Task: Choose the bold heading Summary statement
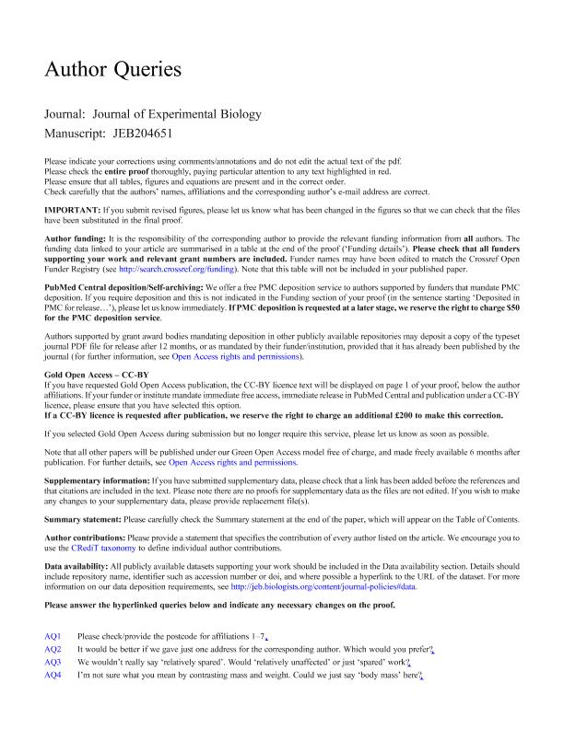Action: (86, 519)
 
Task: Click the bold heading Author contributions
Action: (89, 538)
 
